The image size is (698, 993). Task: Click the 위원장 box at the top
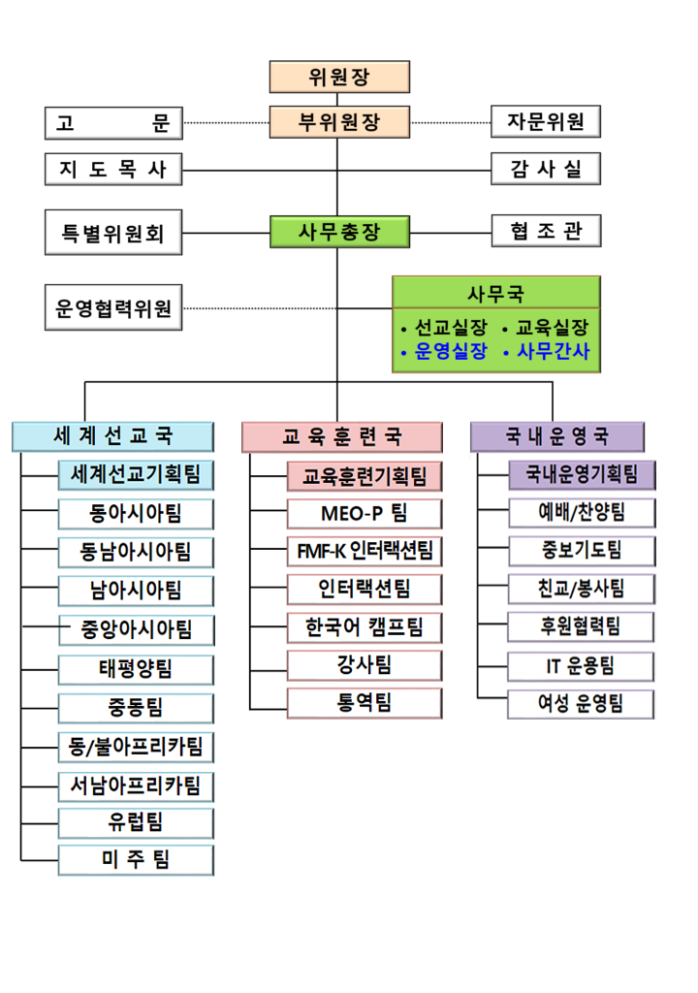point(339,77)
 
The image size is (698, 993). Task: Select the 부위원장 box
point(339,121)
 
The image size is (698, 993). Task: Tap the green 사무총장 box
point(339,232)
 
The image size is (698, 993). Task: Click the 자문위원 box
point(546,121)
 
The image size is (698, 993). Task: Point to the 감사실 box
point(546,169)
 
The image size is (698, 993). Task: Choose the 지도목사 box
point(113,169)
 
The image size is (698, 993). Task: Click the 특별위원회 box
point(113,233)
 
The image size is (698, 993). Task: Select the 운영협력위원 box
point(113,307)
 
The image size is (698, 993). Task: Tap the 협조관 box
point(546,231)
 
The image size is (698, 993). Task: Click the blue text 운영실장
point(451,351)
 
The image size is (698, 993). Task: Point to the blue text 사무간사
point(553,351)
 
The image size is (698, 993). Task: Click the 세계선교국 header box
point(112,436)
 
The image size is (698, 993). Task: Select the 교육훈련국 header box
point(342,437)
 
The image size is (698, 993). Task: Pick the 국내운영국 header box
point(557,436)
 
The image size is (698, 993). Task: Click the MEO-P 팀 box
point(365,514)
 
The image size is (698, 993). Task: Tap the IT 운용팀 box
point(581,666)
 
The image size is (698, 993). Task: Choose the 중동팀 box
point(136,708)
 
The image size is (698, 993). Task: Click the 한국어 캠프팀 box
point(365,627)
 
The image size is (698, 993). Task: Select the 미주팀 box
point(136,860)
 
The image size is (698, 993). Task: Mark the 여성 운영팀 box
point(581,704)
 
